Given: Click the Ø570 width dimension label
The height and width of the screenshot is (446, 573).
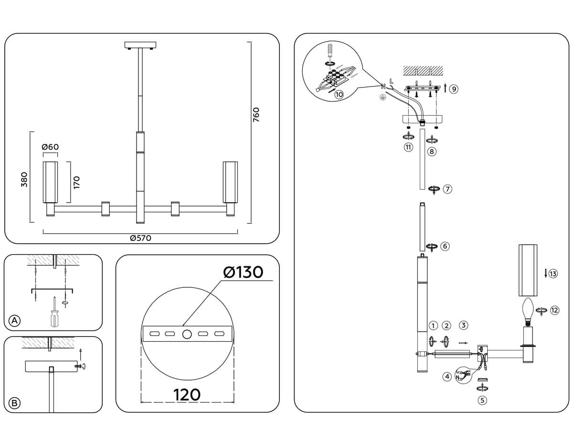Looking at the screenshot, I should tap(140, 238).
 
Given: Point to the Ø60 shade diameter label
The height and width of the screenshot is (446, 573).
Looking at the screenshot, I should tap(50, 147).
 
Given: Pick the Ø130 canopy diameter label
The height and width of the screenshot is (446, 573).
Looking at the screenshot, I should tap(243, 272).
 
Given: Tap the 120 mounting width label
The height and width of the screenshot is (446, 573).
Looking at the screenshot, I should tap(187, 395).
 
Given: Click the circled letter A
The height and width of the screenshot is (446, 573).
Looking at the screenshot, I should tap(15, 321).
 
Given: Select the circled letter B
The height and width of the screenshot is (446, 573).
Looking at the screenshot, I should tap(15, 403).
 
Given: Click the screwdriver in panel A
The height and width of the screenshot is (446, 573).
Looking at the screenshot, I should tap(55, 314).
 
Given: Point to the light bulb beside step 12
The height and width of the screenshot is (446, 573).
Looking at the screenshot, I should tap(528, 310).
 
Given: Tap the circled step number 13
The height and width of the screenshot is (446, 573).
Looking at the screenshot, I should tap(553, 274).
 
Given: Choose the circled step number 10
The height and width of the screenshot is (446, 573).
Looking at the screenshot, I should tap(339, 95).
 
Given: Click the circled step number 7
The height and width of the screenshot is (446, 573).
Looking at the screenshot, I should tap(447, 189).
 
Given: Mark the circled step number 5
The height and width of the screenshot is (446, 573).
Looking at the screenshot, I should tap(483, 400).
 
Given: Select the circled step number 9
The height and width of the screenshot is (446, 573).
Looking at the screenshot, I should tap(453, 88).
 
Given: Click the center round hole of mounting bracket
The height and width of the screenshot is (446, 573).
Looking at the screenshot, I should tap(187, 334).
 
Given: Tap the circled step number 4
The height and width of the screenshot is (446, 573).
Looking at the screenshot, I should tap(447, 377).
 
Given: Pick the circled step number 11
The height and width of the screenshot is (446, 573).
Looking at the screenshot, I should tap(408, 147).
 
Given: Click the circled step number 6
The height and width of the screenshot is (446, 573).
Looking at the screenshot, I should tap(445, 246).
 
